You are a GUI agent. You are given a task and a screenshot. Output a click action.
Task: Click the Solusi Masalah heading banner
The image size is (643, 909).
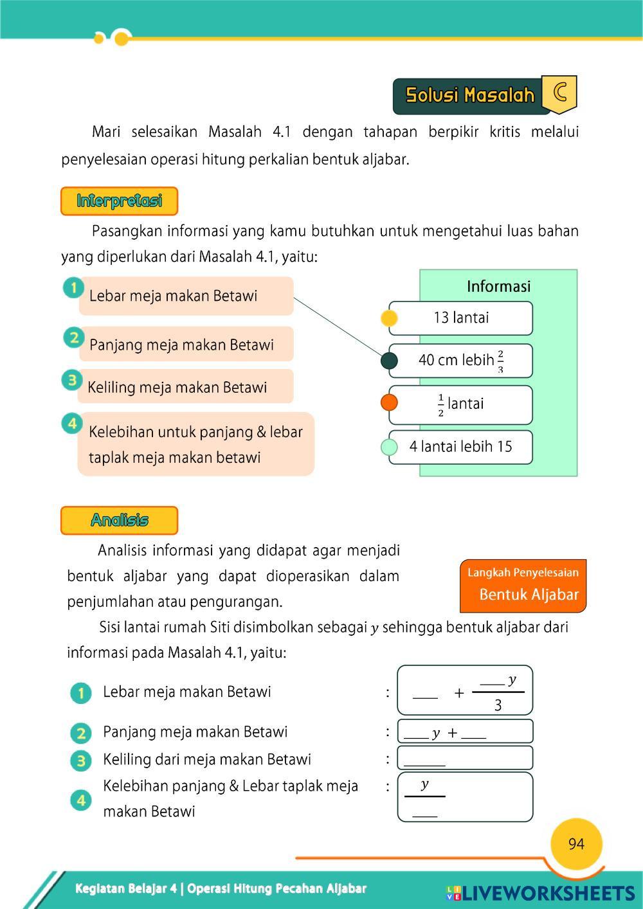470,95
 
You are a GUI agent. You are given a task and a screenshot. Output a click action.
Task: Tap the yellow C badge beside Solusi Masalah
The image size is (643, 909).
559,93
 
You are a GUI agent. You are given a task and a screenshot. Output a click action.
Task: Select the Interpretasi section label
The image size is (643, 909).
119,201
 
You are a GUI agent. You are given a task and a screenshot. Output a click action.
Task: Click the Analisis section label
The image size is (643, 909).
119,520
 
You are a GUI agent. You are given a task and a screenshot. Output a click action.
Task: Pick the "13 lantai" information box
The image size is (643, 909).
461,318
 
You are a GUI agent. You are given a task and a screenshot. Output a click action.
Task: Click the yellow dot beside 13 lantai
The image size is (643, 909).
389,318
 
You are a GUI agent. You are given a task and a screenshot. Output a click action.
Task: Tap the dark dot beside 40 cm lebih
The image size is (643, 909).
389,361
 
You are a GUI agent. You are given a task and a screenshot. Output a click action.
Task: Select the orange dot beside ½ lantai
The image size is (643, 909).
389,403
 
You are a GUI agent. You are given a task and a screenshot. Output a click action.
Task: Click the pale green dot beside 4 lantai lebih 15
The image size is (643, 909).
389,447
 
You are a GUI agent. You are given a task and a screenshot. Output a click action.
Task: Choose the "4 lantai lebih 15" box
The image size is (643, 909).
461,447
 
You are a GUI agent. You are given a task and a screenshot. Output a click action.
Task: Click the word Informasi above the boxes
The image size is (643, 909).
498,286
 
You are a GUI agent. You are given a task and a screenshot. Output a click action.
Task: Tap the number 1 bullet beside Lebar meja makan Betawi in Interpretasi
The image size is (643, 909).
73,287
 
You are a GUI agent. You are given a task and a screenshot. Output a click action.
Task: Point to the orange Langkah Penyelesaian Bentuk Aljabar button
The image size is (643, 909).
523,585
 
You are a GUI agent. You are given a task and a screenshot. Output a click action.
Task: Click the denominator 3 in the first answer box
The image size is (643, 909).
498,705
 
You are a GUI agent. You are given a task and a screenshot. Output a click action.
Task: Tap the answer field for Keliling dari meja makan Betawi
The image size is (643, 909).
465,758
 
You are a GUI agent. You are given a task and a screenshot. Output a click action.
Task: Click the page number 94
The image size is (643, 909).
576,844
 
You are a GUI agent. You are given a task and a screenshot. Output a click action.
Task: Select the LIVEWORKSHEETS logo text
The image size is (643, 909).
547,892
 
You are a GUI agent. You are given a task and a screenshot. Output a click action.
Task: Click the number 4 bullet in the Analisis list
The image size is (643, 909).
81,800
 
